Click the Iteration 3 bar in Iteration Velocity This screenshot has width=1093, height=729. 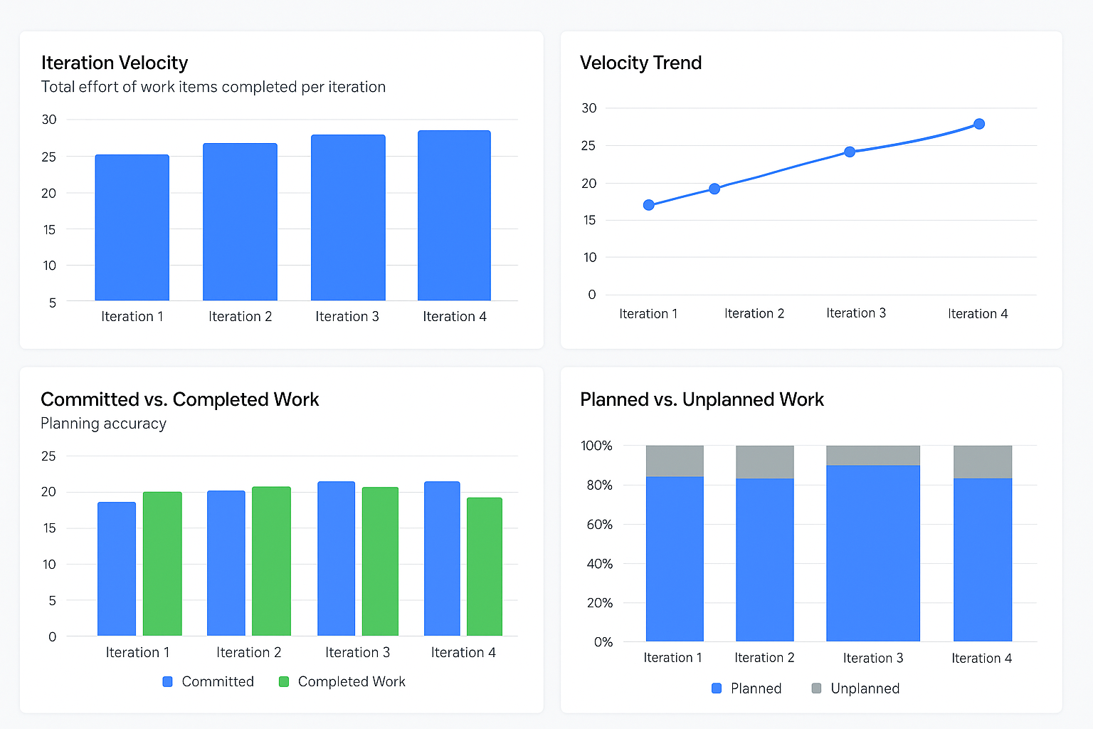pos(348,217)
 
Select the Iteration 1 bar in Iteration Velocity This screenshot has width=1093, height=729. pos(132,227)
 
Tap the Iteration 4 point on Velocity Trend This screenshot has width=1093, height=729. pos(979,124)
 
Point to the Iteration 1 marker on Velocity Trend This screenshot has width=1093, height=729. pos(648,205)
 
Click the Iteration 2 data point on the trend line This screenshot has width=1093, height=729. pos(714,189)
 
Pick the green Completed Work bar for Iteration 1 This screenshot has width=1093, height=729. pos(162,563)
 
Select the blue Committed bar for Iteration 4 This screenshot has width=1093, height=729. pos(442,558)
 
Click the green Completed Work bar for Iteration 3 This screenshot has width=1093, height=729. pos(380,561)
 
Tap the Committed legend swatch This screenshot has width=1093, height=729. pos(168,681)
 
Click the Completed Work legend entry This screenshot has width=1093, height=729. pos(351,681)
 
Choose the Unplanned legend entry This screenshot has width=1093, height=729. pos(865,688)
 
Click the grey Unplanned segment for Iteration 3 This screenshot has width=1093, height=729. pos(872,456)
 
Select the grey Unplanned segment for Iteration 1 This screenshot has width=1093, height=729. pos(675,461)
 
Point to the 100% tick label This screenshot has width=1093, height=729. pos(596,446)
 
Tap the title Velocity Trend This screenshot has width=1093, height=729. pos(640,63)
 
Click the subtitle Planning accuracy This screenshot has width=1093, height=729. pos(103,424)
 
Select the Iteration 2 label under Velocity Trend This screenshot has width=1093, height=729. pos(754,313)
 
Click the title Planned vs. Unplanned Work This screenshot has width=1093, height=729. pos(702,399)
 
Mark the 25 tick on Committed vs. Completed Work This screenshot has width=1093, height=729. pos(48,456)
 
